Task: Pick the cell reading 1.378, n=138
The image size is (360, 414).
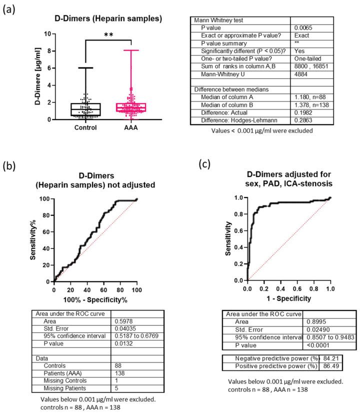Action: coord(311,99)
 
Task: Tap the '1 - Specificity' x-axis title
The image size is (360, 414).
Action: coord(289,298)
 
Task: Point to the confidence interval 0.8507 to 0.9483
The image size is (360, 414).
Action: coord(329,337)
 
